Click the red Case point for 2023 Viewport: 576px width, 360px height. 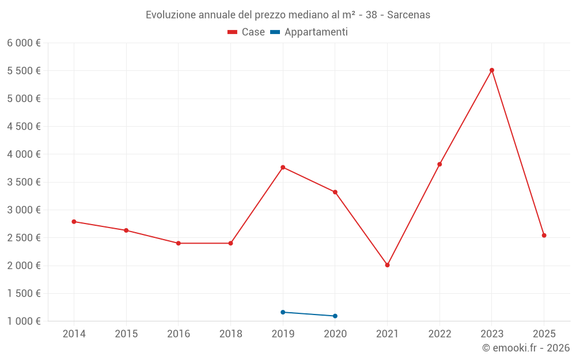click(492, 70)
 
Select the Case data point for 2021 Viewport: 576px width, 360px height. click(387, 265)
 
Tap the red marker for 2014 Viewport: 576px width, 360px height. click(74, 222)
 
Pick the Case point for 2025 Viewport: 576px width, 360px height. click(544, 235)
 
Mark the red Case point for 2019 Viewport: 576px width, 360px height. click(283, 168)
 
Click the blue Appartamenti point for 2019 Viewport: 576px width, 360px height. click(283, 312)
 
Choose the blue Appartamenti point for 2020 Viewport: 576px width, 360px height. click(335, 316)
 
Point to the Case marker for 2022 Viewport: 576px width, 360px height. click(439, 164)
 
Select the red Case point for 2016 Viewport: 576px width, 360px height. click(179, 243)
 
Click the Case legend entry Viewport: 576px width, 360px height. click(247, 32)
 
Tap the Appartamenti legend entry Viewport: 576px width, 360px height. click(309, 32)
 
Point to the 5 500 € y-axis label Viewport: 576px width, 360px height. click(24, 71)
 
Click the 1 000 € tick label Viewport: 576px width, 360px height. click(24, 321)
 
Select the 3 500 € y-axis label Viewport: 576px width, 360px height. click(24, 182)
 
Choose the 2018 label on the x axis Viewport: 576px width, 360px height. click(230, 334)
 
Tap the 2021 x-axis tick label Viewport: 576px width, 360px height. click(387, 334)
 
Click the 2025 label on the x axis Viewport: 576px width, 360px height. click(544, 334)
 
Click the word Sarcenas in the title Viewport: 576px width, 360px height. click(408, 15)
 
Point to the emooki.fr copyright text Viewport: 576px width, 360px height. click(526, 348)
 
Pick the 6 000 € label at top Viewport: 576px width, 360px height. click(24, 43)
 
